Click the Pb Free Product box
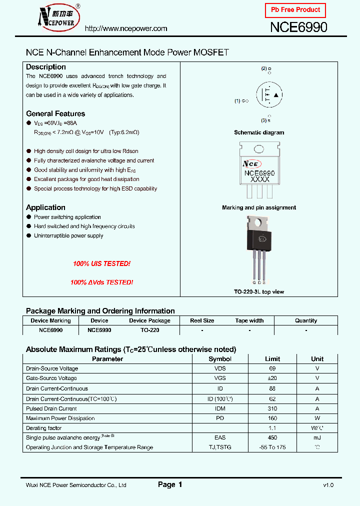coord(295,10)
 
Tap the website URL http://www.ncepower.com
coord(126,28)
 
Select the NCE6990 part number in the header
coord(298,27)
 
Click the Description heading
coord(46,67)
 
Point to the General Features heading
coord(55,113)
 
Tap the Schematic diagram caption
coord(259,132)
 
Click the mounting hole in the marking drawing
coord(259,149)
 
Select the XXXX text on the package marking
coord(259,179)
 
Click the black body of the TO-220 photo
coord(259,239)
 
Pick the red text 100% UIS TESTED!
coord(101,263)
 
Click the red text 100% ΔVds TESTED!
coord(101,282)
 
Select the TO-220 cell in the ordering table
coord(149,330)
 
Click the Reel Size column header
coord(202,320)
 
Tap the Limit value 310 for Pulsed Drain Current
coord(272,408)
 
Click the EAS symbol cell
coord(220,437)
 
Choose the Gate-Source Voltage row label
coord(51,378)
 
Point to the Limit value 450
coord(272,437)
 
